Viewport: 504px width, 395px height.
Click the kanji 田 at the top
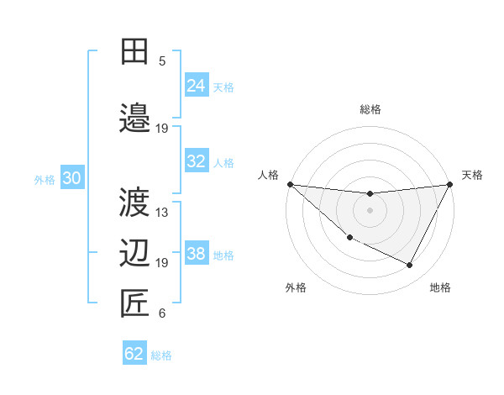(x=134, y=52)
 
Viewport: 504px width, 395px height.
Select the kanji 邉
(x=134, y=116)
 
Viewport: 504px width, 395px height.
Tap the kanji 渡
(x=134, y=203)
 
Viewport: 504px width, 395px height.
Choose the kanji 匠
(x=134, y=303)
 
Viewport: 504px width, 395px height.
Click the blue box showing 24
(x=196, y=85)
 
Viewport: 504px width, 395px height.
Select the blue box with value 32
(x=196, y=161)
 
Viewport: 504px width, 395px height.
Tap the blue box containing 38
(x=196, y=254)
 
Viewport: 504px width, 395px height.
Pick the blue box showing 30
(x=71, y=178)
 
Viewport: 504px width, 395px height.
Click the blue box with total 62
(x=134, y=354)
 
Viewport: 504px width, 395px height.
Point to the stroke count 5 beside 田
(x=162, y=61)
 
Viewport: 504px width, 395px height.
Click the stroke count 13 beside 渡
(x=162, y=213)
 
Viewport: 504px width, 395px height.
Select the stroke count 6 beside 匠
(x=162, y=313)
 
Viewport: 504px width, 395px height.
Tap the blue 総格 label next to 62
(x=161, y=355)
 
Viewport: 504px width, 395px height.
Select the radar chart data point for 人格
(x=290, y=184)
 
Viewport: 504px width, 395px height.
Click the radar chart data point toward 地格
(x=410, y=266)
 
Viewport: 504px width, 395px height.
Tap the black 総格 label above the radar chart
(x=370, y=109)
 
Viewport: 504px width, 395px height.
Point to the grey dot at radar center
(x=370, y=210)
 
